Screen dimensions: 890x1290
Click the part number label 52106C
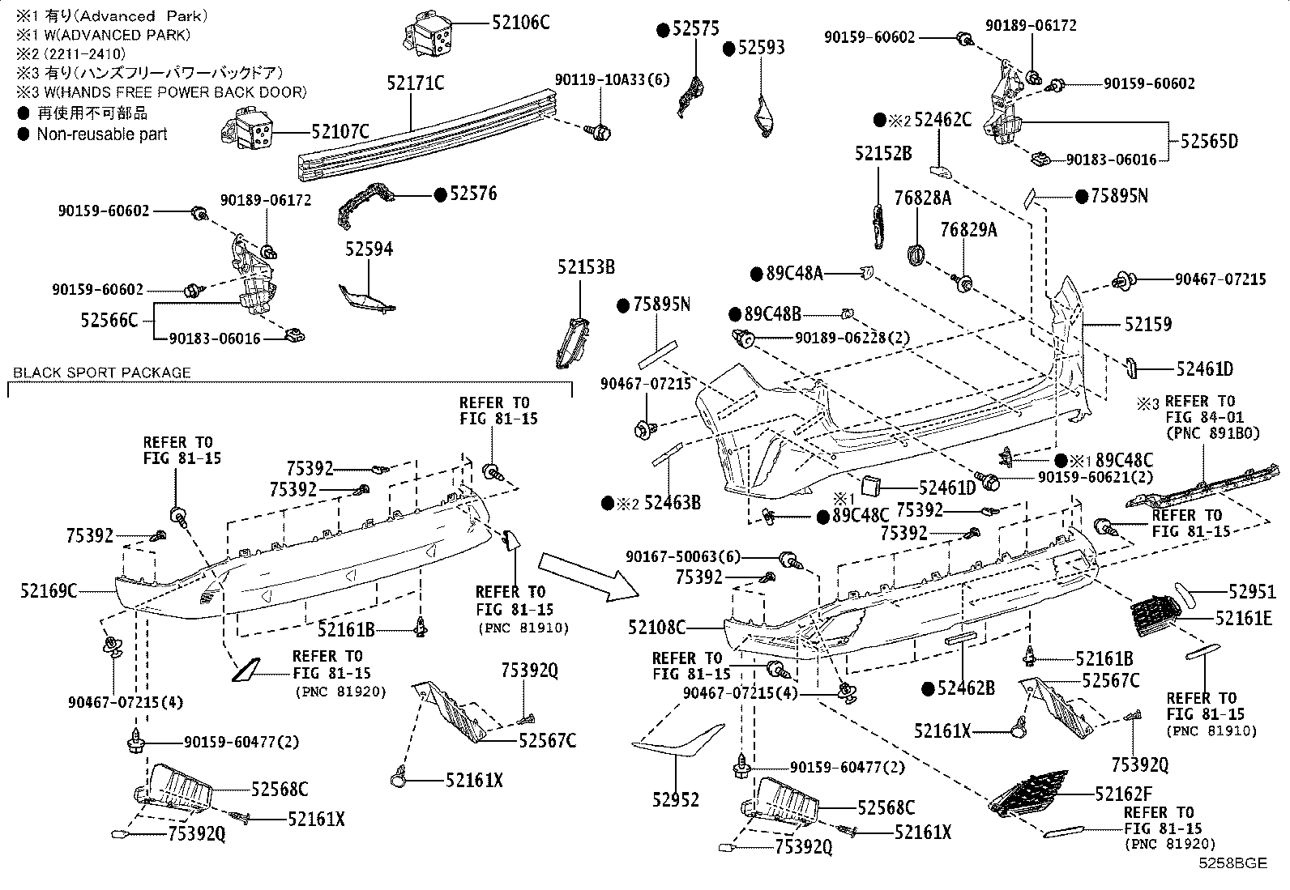(520, 22)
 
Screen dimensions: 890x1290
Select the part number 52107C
(340, 130)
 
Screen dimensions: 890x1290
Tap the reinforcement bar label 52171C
(416, 83)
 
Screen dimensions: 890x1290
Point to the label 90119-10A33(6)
(613, 79)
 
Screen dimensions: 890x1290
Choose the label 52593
(761, 48)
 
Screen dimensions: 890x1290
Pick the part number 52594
(369, 249)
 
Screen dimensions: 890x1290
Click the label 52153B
(586, 266)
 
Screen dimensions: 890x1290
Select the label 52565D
(1209, 141)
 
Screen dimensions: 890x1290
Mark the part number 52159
(1147, 325)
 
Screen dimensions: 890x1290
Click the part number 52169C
(49, 591)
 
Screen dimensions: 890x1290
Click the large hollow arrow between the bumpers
(579, 574)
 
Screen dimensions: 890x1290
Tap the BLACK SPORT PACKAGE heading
(102, 373)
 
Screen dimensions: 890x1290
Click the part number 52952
(675, 799)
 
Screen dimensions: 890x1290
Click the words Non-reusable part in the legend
(102, 134)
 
